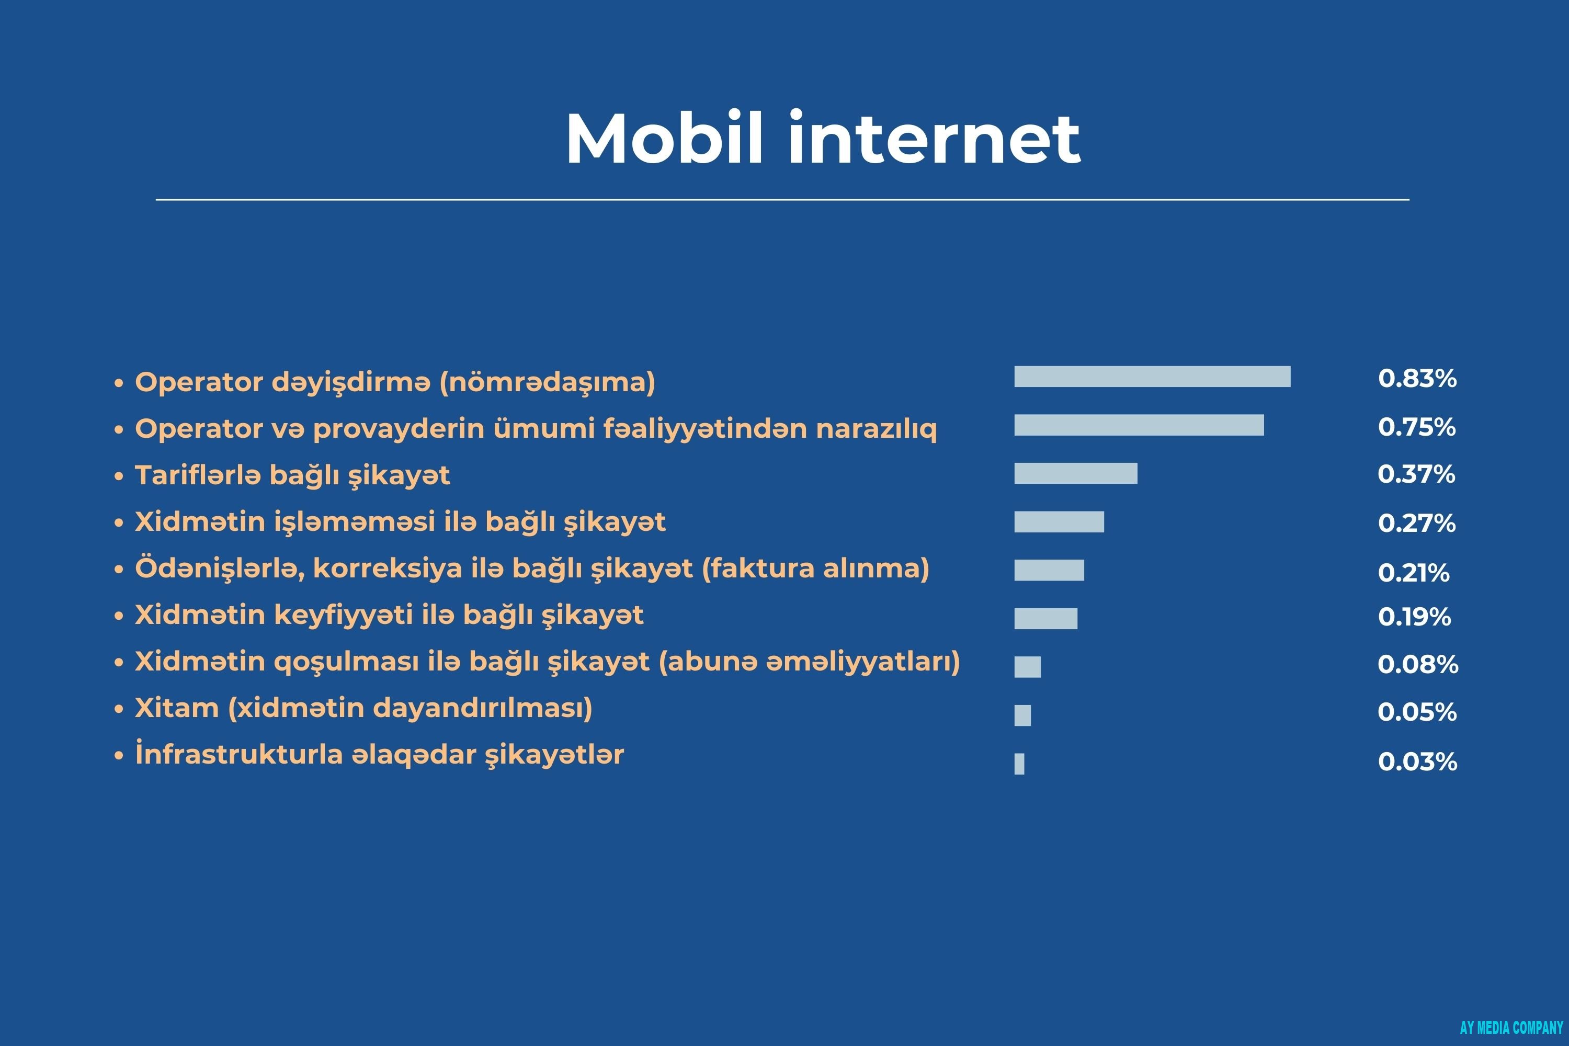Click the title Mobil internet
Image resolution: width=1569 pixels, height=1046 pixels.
tap(823, 138)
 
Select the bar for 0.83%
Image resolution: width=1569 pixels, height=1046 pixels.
tap(1152, 376)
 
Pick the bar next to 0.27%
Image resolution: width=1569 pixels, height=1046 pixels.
tap(1059, 521)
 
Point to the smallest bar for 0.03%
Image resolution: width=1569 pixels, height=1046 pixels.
tap(1019, 764)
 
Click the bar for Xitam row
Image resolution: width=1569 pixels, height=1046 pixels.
tap(1022, 715)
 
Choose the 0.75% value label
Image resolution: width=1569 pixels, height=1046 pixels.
tap(1416, 427)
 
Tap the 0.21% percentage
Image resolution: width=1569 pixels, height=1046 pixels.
tap(1413, 572)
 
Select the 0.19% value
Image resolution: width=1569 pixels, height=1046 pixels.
tap(1414, 617)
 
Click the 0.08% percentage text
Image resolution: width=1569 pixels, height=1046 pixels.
tap(1417, 664)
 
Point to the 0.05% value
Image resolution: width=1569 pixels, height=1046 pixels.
tap(1417, 712)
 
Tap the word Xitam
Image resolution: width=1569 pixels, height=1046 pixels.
tap(177, 708)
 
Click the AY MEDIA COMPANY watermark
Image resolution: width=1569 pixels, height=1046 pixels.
tap(1511, 1027)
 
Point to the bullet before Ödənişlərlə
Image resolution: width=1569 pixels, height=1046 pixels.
tap(119, 570)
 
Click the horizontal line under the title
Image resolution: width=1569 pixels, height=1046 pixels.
tap(782, 199)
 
